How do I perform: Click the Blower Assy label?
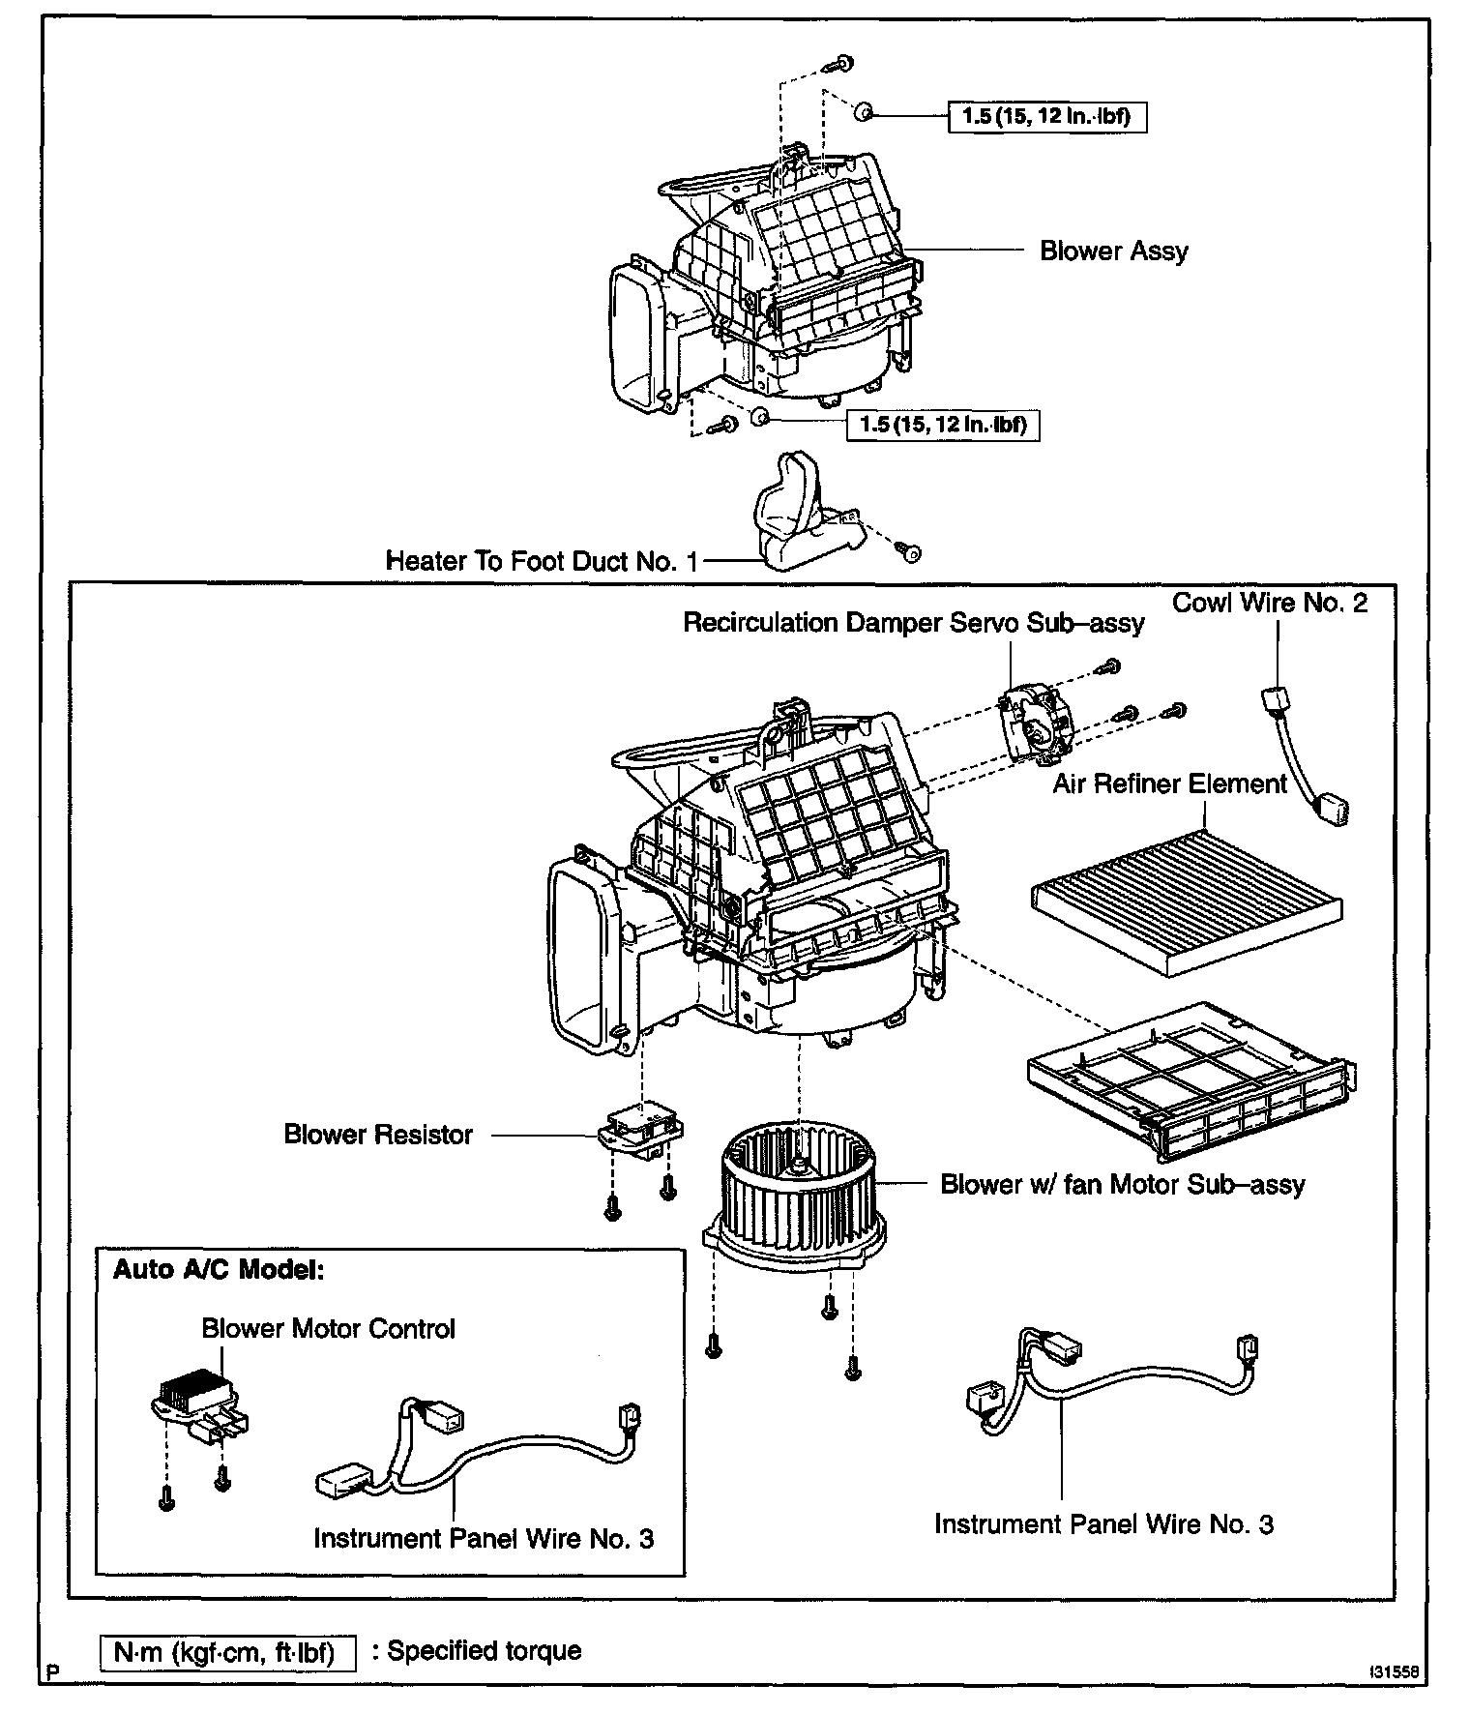(x=1113, y=251)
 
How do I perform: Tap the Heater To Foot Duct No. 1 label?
(x=541, y=561)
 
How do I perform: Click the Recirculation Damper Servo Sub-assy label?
(x=913, y=623)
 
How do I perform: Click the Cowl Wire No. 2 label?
(x=1270, y=603)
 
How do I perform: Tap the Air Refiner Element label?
(x=1169, y=783)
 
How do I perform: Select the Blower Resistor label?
(x=378, y=1135)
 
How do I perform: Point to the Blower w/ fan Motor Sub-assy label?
(x=1122, y=1185)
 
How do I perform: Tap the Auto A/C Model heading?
(x=219, y=1269)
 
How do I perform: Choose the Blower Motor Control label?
(x=328, y=1329)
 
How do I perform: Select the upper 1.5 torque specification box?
(x=1046, y=118)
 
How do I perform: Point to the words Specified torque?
(x=485, y=1650)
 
